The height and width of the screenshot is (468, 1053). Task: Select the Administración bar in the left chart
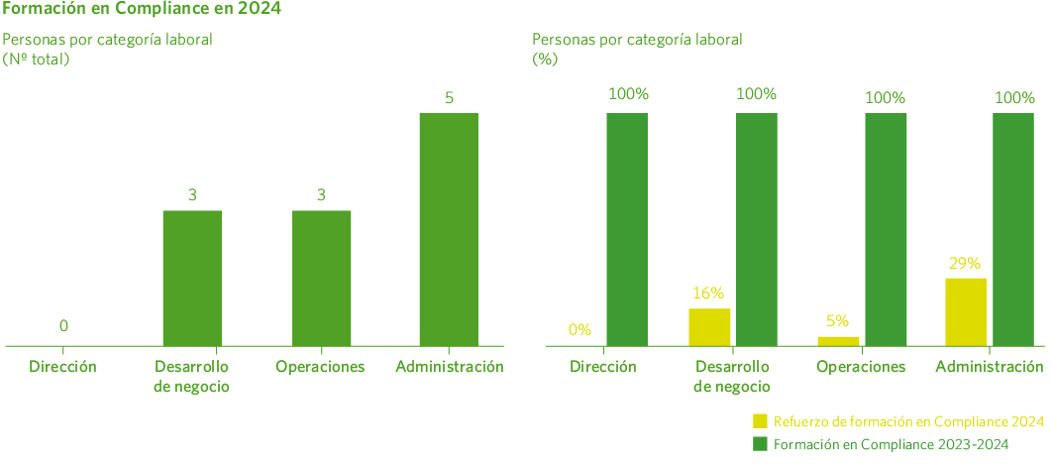[x=449, y=229]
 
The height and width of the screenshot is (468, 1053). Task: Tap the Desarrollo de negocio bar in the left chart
[x=192, y=278]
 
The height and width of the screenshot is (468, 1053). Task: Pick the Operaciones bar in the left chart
[x=321, y=278]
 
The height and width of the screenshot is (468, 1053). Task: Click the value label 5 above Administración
[x=449, y=97]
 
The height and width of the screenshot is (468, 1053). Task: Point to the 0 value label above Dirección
[x=63, y=325]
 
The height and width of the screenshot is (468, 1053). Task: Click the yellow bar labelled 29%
[x=965, y=311]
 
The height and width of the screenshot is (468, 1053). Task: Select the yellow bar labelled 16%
[x=709, y=326]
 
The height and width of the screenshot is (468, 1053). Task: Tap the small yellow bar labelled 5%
[x=838, y=340]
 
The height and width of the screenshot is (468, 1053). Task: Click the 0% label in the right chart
[x=579, y=329]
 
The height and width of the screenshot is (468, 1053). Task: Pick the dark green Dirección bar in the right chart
[x=627, y=229]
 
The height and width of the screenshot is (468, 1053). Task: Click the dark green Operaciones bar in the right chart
[x=886, y=229]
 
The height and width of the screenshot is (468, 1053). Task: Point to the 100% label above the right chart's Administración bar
[x=1014, y=97]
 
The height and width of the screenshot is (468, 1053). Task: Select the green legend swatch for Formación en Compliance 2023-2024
[x=761, y=444]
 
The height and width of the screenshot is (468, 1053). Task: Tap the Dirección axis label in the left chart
[x=63, y=367]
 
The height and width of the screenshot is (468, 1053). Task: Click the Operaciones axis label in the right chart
[x=862, y=367]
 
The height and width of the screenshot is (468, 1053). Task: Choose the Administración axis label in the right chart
[x=990, y=367]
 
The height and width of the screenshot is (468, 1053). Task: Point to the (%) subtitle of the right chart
[x=546, y=58]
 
